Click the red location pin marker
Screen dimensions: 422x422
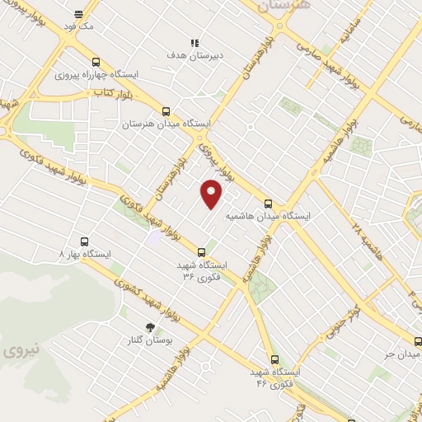213,193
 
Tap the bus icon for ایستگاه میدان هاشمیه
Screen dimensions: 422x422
268,204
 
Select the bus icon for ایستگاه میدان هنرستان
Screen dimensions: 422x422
166,111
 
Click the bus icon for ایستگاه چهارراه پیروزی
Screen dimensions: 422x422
96,63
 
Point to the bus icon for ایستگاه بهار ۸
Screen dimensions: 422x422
85,242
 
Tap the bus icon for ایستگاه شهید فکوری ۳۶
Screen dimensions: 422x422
202,252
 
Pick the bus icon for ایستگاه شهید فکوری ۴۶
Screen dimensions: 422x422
274,359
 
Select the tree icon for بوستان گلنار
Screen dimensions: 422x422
149,328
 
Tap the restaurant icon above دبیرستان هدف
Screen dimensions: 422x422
195,43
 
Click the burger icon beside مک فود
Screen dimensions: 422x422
78,15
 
